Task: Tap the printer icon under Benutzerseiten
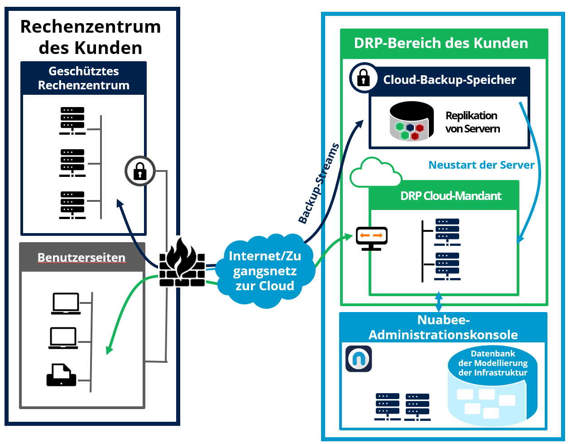61,375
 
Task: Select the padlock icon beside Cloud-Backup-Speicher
364,78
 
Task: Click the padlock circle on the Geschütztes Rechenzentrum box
140,171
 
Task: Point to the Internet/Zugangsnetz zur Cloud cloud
265,271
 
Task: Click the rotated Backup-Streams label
318,183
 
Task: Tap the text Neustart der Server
481,165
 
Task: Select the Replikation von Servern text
472,122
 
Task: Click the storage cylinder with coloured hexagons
412,122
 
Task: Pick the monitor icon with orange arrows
372,239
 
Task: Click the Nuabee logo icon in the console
359,359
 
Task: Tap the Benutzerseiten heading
82,258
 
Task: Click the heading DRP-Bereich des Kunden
441,43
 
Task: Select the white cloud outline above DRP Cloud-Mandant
376,172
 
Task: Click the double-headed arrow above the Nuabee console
439,302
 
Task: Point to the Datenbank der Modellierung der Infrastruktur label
493,363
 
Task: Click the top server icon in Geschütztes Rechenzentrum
72,121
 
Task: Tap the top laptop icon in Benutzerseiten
66,303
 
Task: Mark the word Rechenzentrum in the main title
91,27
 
